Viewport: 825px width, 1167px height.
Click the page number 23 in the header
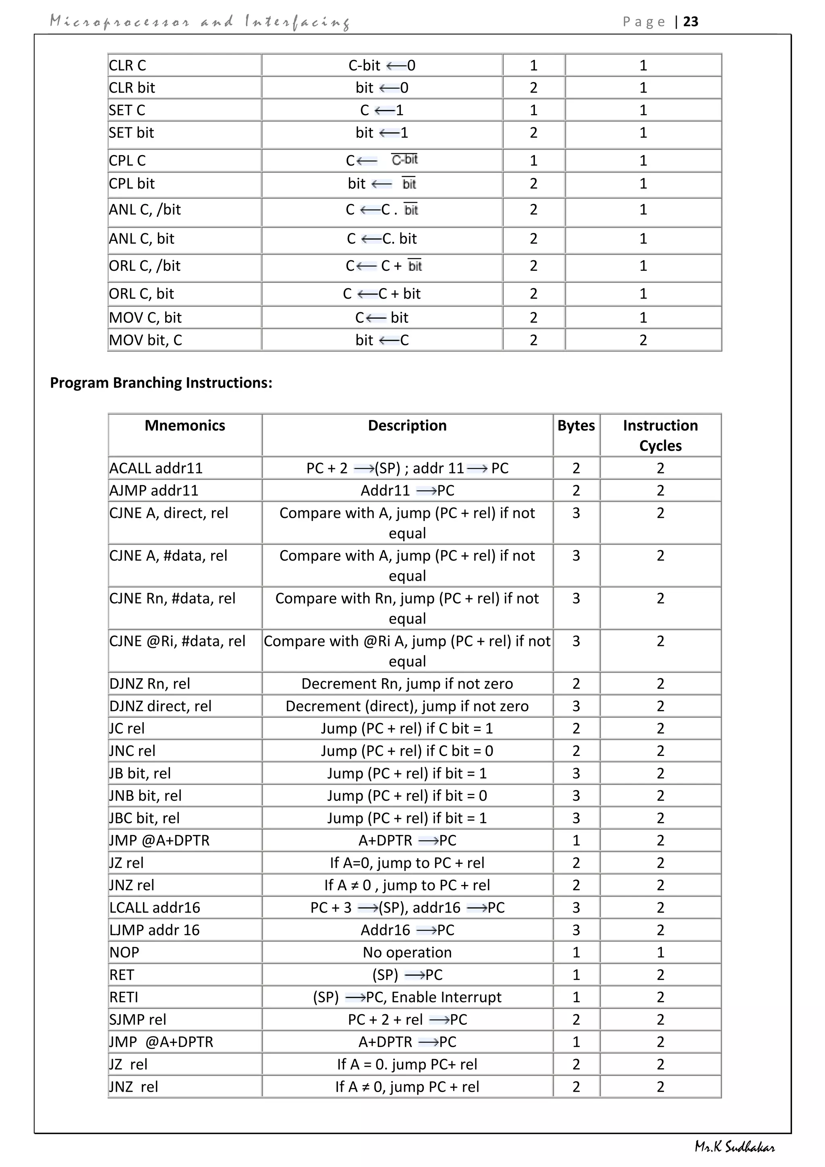[x=690, y=21]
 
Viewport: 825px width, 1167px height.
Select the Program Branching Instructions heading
[x=161, y=383]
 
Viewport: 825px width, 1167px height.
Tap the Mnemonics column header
[x=185, y=426]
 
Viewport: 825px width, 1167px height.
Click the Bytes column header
[x=576, y=426]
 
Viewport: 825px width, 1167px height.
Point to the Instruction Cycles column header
[x=660, y=435]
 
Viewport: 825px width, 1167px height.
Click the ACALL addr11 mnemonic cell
[x=156, y=468]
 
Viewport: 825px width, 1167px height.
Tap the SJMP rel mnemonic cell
[x=138, y=1019]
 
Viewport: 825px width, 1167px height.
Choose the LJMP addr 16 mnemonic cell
[x=154, y=930]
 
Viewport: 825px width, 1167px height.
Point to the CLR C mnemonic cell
[x=128, y=66]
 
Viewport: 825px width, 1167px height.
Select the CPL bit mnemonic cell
[x=132, y=183]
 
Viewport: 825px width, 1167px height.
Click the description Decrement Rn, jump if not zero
[x=407, y=683]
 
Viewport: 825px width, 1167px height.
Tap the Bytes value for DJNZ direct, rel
[x=576, y=706]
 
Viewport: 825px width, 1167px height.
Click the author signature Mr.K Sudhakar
[x=735, y=1147]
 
